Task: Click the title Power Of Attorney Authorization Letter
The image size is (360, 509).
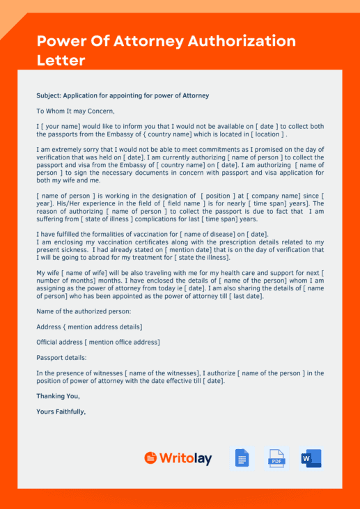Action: pos(166,50)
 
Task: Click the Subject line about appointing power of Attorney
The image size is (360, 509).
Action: pos(123,95)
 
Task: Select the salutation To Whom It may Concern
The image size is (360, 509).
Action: pos(75,111)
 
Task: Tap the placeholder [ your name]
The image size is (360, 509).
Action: pos(62,126)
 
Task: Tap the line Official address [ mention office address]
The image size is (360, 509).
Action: pos(98,342)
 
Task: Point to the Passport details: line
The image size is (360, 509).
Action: pos(61,357)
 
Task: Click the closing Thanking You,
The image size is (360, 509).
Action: pos(58,396)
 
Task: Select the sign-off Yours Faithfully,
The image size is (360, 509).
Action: pos(61,411)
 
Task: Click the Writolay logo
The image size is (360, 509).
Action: pos(178,458)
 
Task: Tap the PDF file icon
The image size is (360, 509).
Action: pos(276,458)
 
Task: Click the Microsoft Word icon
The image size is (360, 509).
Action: pos(311,458)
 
